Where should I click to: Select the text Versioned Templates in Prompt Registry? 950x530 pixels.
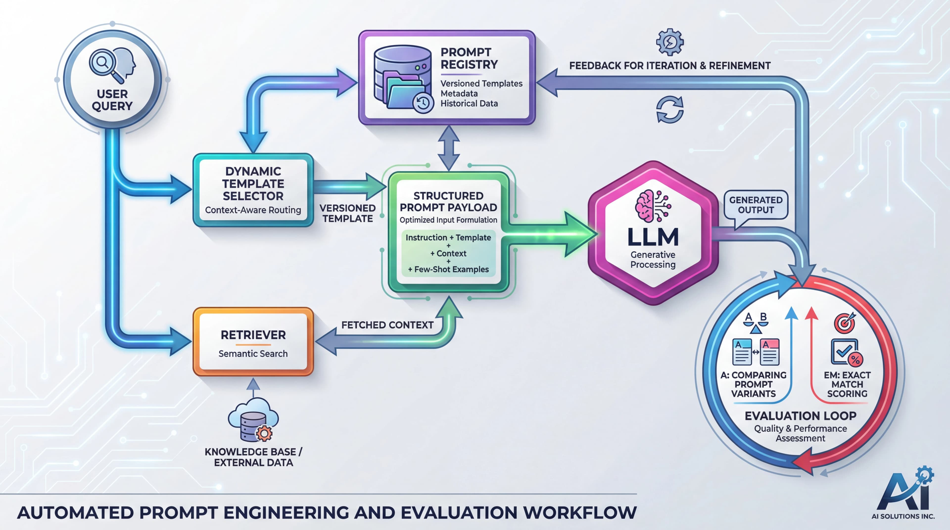(481, 84)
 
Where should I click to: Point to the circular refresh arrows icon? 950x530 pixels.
(670, 110)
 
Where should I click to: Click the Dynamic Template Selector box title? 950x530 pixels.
(253, 184)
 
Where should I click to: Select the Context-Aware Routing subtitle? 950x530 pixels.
(253, 210)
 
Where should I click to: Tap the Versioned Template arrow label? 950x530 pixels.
(347, 213)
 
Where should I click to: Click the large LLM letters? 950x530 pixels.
(653, 237)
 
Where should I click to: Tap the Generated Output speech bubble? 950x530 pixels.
(756, 205)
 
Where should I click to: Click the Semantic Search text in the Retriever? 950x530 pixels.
(253, 354)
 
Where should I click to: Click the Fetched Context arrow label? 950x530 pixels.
(387, 325)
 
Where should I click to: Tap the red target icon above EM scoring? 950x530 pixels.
(845, 323)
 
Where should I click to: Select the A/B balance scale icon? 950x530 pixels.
(756, 323)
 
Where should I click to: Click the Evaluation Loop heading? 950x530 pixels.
(800, 416)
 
